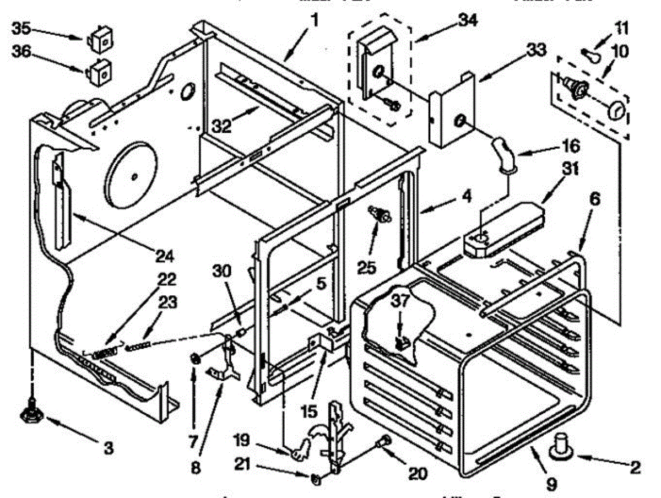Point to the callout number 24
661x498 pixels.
164,256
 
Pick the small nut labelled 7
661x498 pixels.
194,359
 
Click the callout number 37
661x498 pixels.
399,301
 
